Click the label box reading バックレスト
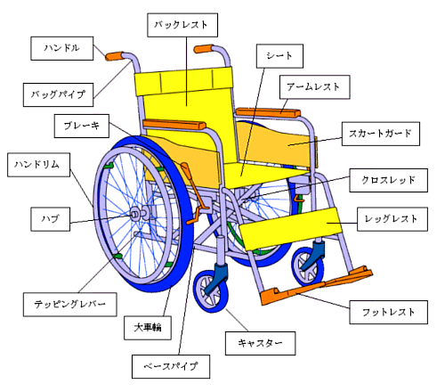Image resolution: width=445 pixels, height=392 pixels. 182,25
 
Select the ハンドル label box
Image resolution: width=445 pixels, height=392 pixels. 62,48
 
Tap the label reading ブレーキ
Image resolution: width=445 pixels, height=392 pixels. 82,126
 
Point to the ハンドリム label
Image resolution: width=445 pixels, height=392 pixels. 38,165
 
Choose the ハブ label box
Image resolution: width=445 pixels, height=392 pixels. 51,219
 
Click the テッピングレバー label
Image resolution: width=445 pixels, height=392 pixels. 70,305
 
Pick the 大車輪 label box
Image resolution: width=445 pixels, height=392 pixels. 148,328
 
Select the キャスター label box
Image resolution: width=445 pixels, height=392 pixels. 260,343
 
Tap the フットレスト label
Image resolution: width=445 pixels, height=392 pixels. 388,312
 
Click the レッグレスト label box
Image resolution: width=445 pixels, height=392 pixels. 392,219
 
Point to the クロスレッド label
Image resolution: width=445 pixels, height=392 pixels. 388,180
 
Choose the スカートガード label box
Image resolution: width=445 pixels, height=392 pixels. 381,134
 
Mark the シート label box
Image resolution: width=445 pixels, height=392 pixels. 279,56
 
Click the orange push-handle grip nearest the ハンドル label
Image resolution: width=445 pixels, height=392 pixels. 114,56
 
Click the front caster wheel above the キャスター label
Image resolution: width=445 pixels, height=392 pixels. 211,291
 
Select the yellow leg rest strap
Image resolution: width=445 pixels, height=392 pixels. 290,229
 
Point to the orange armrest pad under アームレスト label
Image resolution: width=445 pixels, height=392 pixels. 268,113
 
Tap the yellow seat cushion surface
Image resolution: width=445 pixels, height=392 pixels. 264,175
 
